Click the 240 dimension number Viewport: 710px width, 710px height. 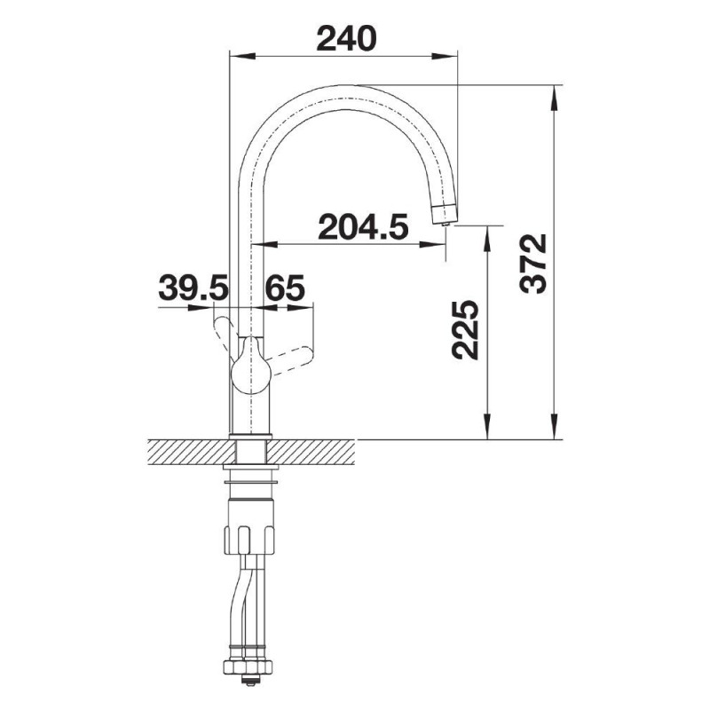(346, 38)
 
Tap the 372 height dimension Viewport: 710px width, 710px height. (533, 264)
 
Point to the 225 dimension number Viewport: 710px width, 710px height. (465, 329)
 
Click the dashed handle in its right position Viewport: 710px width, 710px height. (290, 359)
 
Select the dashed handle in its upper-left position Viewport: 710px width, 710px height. (225, 333)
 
